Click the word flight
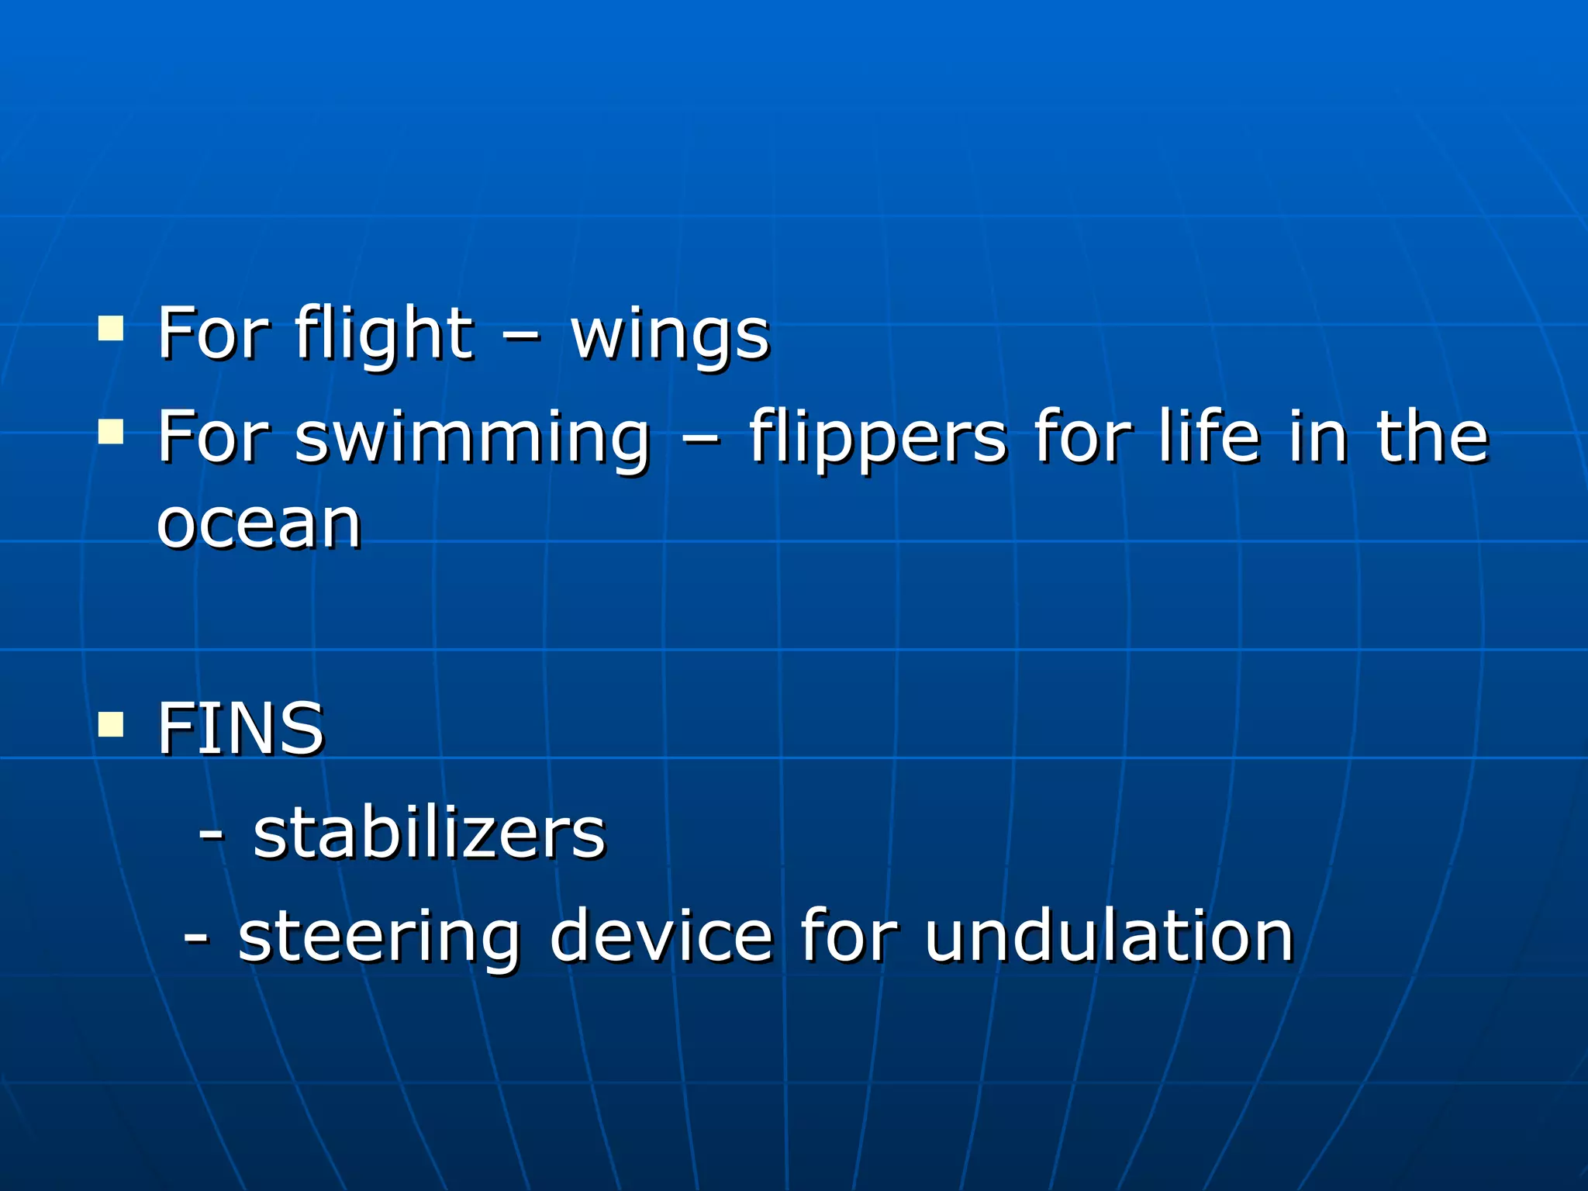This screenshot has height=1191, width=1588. click(383, 335)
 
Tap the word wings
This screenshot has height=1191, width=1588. click(670, 335)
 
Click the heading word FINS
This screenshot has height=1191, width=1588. click(240, 729)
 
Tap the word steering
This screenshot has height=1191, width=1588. click(378, 938)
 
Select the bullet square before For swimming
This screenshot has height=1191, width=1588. click(111, 431)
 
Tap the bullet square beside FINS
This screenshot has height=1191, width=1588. click(111, 723)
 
